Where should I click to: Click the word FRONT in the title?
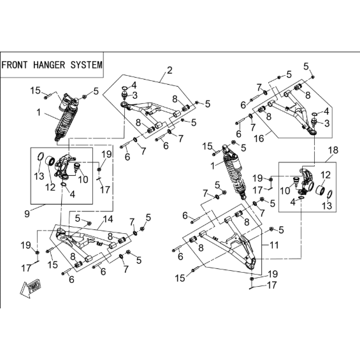tap(14, 65)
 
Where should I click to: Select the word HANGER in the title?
tap(49, 65)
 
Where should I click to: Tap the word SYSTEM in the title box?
tap(86, 65)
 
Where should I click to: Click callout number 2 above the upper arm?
tap(169, 70)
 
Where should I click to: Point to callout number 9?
tap(27, 213)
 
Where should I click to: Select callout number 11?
tap(274, 245)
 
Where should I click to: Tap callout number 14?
tap(108, 219)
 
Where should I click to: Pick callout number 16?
tap(259, 139)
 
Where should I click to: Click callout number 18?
tap(333, 150)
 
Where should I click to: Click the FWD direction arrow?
tap(31, 288)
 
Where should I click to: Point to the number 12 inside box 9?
tap(50, 187)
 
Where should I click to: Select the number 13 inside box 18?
tap(327, 205)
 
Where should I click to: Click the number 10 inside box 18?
tap(285, 191)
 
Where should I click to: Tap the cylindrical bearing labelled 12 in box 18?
tap(320, 191)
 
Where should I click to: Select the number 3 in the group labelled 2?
tap(135, 96)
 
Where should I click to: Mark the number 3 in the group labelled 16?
tap(327, 123)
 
